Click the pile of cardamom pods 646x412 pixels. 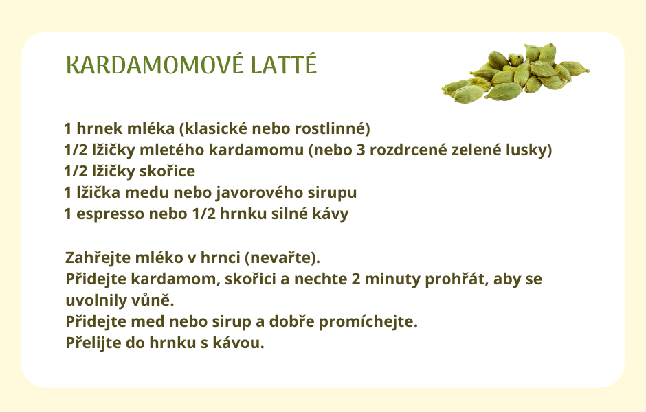tap(515, 73)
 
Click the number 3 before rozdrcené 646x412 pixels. tap(361, 150)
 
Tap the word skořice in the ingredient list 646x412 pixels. tap(167, 171)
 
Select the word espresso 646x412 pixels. tap(111, 214)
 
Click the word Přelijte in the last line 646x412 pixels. tap(93, 343)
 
